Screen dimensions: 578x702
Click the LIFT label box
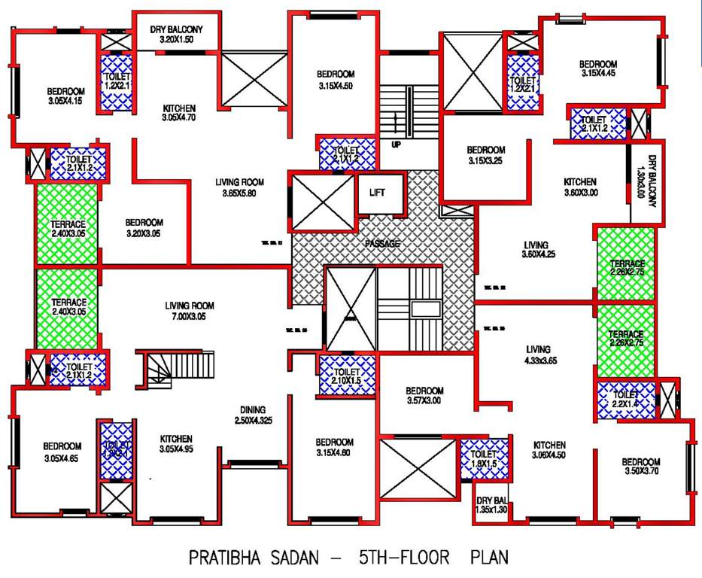[x=377, y=193]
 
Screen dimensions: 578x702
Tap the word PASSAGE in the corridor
[x=382, y=244]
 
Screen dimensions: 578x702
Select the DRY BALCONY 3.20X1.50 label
[x=177, y=35]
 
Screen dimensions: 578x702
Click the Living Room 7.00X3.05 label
[x=190, y=311]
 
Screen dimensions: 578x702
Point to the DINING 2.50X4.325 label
[x=252, y=414]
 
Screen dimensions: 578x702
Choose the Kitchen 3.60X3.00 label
[x=580, y=187]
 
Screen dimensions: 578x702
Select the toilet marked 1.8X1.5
[x=484, y=460]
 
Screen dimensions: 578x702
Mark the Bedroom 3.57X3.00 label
[x=424, y=396]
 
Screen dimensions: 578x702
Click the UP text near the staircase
[x=396, y=144]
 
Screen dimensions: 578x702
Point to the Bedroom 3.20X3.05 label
[x=144, y=227]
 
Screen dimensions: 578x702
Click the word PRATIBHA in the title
[x=225, y=558]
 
